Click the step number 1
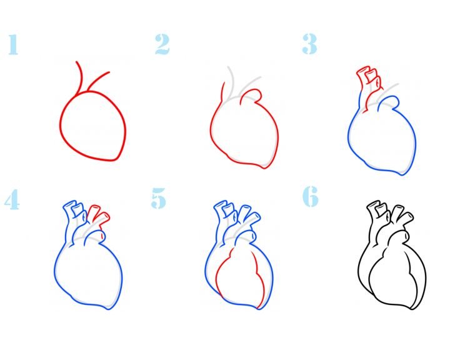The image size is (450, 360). pos(13,44)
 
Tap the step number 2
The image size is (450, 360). pos(162,44)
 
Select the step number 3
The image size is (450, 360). pos(309,44)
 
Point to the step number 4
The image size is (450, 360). pos(12,199)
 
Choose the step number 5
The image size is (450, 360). pos(158,197)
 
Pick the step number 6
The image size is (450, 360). pos(311,196)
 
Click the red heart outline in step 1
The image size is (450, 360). pos(60,126)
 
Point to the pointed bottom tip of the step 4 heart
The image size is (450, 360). pos(108,309)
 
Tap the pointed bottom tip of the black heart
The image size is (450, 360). pos(412,309)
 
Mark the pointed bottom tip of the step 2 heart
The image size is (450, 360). pos(264,168)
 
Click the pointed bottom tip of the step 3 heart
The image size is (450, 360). pos(402,174)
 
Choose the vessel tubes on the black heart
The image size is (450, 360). pos(389,218)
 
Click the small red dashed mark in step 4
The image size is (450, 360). pos(102,236)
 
